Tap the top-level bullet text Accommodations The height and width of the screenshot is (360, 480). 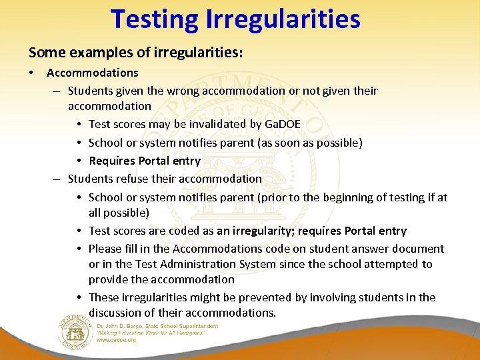93,73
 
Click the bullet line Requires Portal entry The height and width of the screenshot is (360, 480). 145,161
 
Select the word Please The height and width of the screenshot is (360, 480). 106,249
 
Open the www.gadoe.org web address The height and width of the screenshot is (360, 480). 117,339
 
